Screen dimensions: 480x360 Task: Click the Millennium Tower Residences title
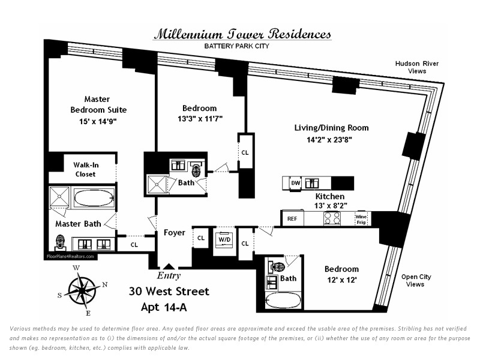pos(242,34)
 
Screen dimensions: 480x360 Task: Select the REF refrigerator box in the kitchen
pos(292,218)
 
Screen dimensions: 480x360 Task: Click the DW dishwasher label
pos(295,183)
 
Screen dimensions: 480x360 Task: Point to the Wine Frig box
pos(361,219)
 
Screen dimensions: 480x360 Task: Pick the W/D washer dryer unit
pos(224,239)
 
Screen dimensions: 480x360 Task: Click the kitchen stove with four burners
pos(332,218)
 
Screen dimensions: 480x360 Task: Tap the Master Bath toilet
pos(61,242)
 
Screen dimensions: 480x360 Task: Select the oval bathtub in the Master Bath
pos(94,199)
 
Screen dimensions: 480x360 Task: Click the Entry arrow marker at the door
pos(168,266)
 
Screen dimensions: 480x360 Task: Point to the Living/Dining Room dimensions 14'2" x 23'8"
pos(329,140)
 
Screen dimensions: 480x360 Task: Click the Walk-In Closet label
pos(86,170)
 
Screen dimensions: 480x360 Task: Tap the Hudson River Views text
pos(416,67)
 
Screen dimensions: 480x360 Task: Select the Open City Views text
pos(416,280)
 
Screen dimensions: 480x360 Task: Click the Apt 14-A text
pos(164,307)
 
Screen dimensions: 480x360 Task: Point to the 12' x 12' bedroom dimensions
pos(341,280)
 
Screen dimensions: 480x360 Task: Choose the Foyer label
pos(175,233)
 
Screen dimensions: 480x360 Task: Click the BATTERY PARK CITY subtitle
pos(236,46)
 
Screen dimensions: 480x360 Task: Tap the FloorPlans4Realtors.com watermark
pos(70,257)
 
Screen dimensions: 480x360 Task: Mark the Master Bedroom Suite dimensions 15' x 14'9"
pos(98,122)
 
